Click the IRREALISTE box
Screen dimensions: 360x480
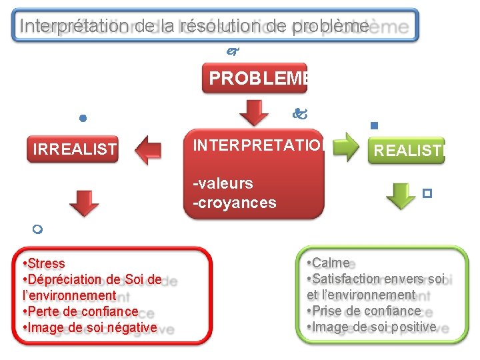75,149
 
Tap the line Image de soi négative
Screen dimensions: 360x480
91,327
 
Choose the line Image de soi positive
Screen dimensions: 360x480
373,327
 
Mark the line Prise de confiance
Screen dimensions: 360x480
365,311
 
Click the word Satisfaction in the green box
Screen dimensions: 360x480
345,279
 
